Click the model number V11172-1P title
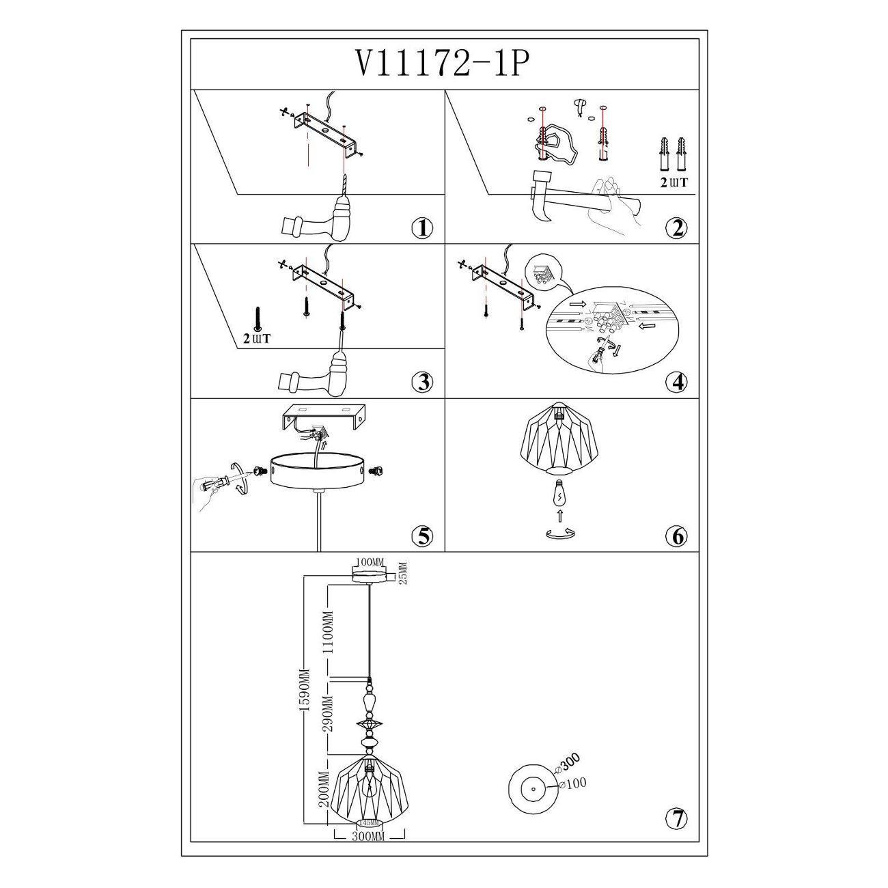click(443, 64)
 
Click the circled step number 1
click(423, 228)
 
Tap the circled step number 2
click(676, 228)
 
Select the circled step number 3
click(423, 383)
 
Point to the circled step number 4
click(676, 383)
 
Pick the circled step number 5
click(423, 536)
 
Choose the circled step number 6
click(676, 536)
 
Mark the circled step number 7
click(676, 818)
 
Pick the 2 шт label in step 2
click(673, 182)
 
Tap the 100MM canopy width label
click(370, 562)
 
